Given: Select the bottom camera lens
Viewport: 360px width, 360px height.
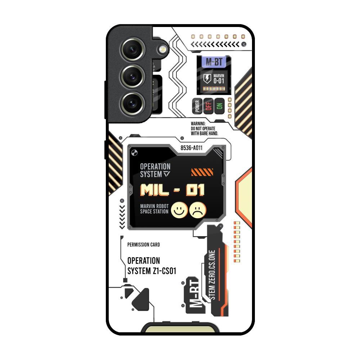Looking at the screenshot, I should pyautogui.click(x=133, y=103).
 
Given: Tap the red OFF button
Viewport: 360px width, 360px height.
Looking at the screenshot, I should pyautogui.click(x=208, y=106).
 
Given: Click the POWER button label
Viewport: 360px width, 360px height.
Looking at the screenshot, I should pyautogui.click(x=197, y=106).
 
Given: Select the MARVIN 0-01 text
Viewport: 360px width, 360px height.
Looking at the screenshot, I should pyautogui.click(x=219, y=78).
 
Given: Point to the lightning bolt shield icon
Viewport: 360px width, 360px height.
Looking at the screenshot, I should pyautogui.click(x=207, y=78).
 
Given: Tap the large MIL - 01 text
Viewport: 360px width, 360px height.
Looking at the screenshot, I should pyautogui.click(x=172, y=190).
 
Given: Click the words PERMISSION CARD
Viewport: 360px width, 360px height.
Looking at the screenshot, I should pyautogui.click(x=144, y=245).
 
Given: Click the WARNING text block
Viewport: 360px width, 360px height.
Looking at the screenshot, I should pyautogui.click(x=204, y=129).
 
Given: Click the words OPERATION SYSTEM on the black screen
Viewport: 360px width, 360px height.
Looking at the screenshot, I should pyautogui.click(x=155, y=170).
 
